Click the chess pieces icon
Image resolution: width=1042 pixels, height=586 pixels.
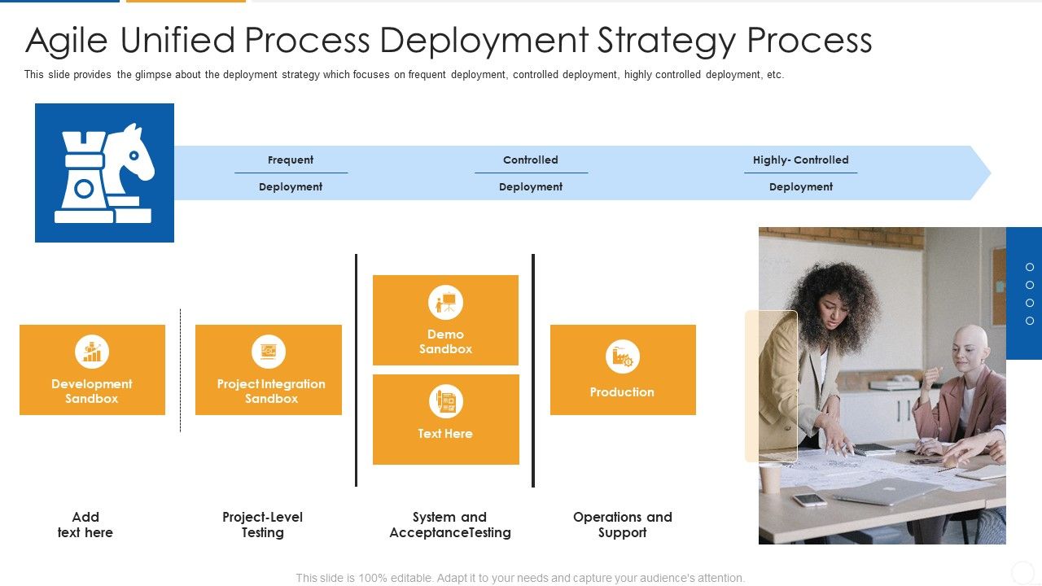point(104,173)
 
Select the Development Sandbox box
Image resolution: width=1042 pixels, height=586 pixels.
point(92,370)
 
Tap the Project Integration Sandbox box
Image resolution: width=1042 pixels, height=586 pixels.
point(269,370)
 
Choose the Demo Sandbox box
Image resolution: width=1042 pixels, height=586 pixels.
point(445,320)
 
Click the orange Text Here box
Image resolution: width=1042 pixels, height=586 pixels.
point(445,419)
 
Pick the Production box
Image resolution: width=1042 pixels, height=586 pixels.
point(623,370)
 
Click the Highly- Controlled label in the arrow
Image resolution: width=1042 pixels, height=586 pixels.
point(800,160)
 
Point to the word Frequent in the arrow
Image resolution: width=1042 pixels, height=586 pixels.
point(291,160)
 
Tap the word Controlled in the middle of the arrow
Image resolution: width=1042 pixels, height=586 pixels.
point(531,160)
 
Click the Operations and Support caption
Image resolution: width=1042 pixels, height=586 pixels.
point(623,525)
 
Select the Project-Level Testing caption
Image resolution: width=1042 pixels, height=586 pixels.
point(262,525)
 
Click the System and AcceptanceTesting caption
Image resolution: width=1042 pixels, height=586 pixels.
point(450,525)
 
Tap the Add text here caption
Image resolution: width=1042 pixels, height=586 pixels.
point(85,525)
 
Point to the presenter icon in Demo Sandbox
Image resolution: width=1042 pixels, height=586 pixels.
point(445,303)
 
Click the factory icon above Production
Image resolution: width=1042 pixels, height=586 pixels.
point(623,356)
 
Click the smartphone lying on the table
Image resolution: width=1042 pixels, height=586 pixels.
point(810,500)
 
